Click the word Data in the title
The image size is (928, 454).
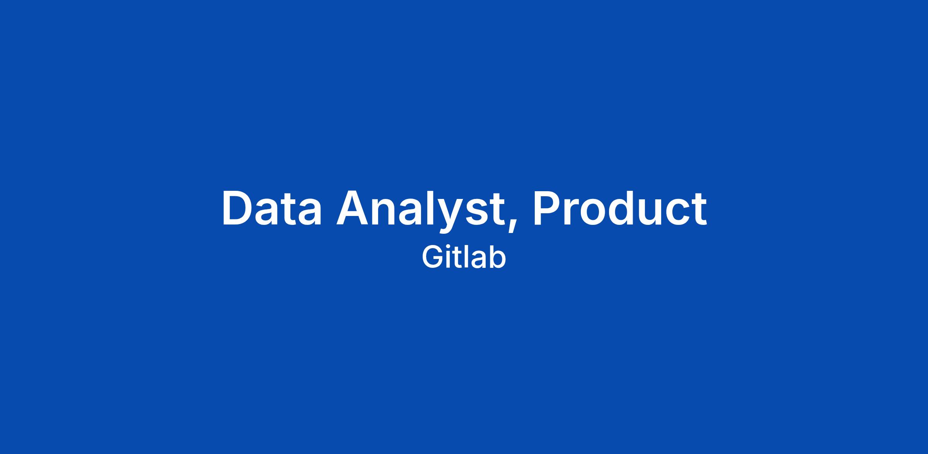coord(271,208)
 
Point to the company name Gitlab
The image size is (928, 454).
coord(464,257)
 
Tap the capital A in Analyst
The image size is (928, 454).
coord(353,208)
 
